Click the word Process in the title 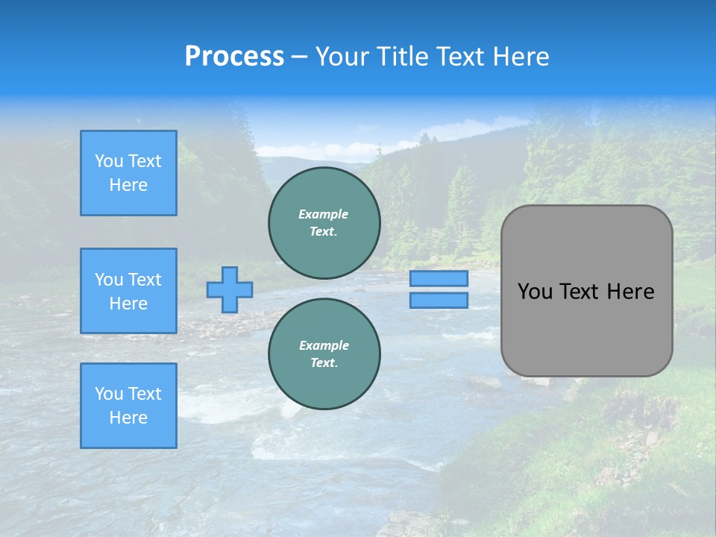click(x=234, y=56)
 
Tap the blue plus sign click(x=230, y=289)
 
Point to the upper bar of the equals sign click(x=439, y=278)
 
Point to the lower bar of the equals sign click(x=439, y=300)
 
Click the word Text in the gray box click(x=579, y=292)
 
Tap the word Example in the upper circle click(x=323, y=214)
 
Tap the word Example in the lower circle click(x=324, y=345)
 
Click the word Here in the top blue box click(x=128, y=185)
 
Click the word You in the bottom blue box click(x=109, y=394)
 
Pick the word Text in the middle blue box click(x=145, y=280)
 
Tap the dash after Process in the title click(x=300, y=57)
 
